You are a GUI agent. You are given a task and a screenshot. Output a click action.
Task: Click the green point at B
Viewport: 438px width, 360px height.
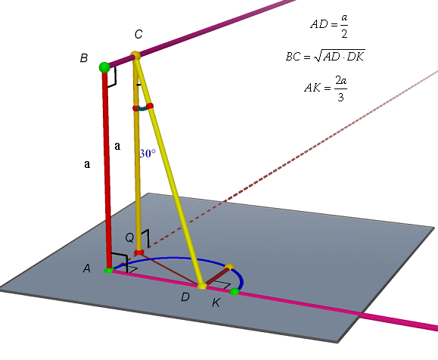coord(104,67)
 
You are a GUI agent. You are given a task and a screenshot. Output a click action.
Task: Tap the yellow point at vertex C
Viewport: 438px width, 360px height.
coord(135,55)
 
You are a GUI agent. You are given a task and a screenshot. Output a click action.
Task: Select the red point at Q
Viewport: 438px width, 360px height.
coord(139,253)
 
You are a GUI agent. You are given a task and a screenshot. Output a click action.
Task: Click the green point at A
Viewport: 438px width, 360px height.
coord(109,270)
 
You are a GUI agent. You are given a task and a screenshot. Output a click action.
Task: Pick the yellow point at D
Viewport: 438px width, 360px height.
coord(202,286)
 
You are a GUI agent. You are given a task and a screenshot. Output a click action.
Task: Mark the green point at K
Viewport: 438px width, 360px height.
coord(235,292)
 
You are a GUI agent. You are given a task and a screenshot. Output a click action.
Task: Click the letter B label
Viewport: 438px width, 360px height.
coord(84,58)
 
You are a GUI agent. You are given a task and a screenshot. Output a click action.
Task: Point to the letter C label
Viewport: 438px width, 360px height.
coord(138,34)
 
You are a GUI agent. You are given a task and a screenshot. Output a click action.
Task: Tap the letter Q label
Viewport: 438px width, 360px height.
coord(129,237)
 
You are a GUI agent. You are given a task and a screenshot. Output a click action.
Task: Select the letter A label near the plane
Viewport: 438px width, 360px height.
coord(87,268)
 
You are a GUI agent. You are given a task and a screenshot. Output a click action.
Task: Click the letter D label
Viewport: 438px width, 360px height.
coord(185,297)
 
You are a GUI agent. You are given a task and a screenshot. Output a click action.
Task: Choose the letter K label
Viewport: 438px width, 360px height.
coord(216,303)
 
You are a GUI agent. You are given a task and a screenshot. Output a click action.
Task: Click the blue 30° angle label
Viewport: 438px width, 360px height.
coord(148,154)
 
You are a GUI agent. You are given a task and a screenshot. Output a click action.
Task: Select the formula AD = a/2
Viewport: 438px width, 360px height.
coord(329,25)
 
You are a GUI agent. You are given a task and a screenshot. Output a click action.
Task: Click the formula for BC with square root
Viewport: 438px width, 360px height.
coord(325,55)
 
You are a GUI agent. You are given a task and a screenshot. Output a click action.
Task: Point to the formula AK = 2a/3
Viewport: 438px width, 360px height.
coord(326,88)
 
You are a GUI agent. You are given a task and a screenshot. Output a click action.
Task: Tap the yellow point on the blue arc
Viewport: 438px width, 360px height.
coord(230,267)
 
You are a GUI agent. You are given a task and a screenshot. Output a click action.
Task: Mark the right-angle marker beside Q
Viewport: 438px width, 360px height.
coord(145,238)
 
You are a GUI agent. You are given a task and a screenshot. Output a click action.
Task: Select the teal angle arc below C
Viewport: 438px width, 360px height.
coord(143,108)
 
